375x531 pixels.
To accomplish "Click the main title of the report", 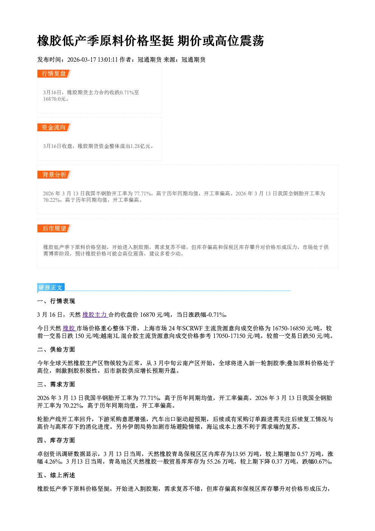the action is tap(150, 41).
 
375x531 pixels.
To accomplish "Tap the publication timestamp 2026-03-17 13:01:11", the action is tap(92, 59).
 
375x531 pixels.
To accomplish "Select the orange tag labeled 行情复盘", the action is tap(54, 73).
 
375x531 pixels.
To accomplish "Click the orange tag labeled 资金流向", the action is tap(54, 127).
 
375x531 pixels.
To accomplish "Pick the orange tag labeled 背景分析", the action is tap(54, 175).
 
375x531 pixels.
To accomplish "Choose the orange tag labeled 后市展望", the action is tap(54, 228).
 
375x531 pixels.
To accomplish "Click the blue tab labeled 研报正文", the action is tap(51, 287).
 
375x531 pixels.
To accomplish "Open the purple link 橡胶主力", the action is tap(95, 315).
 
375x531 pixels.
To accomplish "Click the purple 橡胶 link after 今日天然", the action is tap(69, 328).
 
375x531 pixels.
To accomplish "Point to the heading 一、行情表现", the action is tap(56, 301).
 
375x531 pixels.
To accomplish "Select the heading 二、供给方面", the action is tap(56, 349).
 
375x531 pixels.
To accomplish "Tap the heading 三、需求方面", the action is tap(56, 384).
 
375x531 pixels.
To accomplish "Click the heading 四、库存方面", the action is tap(56, 440).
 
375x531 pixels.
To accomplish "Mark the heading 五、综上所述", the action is tap(56, 475).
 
